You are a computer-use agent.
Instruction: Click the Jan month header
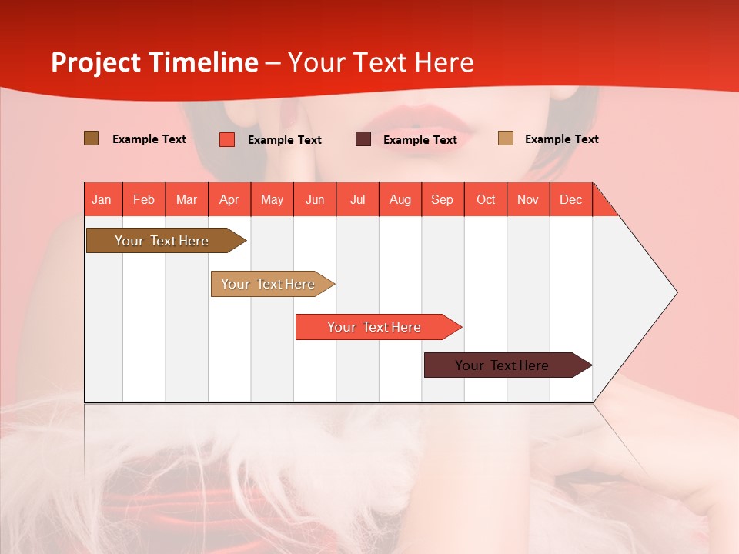[x=102, y=199]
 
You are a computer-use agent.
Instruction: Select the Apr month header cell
[x=229, y=199]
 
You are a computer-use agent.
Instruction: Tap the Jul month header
[x=357, y=199]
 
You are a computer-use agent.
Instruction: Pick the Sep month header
[x=442, y=199]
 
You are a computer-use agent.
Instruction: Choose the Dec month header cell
[x=570, y=199]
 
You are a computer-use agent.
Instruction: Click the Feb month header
[x=144, y=199]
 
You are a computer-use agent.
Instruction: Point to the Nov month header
[x=527, y=199]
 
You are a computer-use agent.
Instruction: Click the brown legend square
[x=92, y=138]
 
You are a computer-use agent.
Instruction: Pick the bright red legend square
[x=227, y=139]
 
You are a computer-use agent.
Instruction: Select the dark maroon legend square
[x=363, y=139]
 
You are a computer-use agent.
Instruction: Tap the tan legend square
[x=506, y=138]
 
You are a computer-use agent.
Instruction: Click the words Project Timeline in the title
[x=154, y=62]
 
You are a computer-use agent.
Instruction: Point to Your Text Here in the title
[x=381, y=62]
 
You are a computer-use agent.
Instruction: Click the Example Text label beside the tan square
[x=561, y=139]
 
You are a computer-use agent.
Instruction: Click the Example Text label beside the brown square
[x=149, y=139]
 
